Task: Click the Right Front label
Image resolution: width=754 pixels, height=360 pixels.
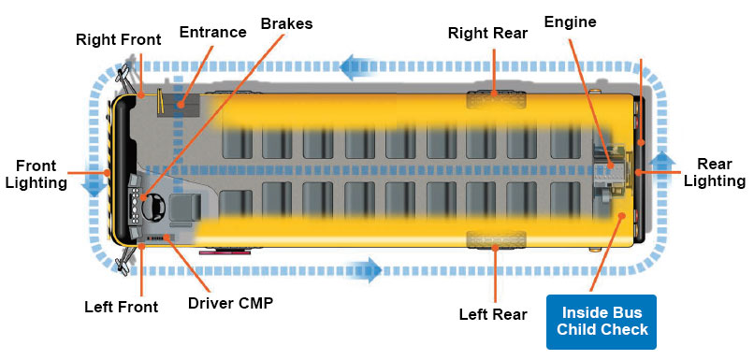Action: click(119, 39)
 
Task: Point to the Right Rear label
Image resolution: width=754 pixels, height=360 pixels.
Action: click(487, 34)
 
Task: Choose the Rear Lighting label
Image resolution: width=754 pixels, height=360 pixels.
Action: click(714, 173)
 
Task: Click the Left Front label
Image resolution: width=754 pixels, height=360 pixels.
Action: click(122, 306)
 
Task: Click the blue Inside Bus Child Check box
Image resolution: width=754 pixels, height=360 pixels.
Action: click(602, 322)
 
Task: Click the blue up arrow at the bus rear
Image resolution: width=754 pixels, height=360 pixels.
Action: click(661, 161)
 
